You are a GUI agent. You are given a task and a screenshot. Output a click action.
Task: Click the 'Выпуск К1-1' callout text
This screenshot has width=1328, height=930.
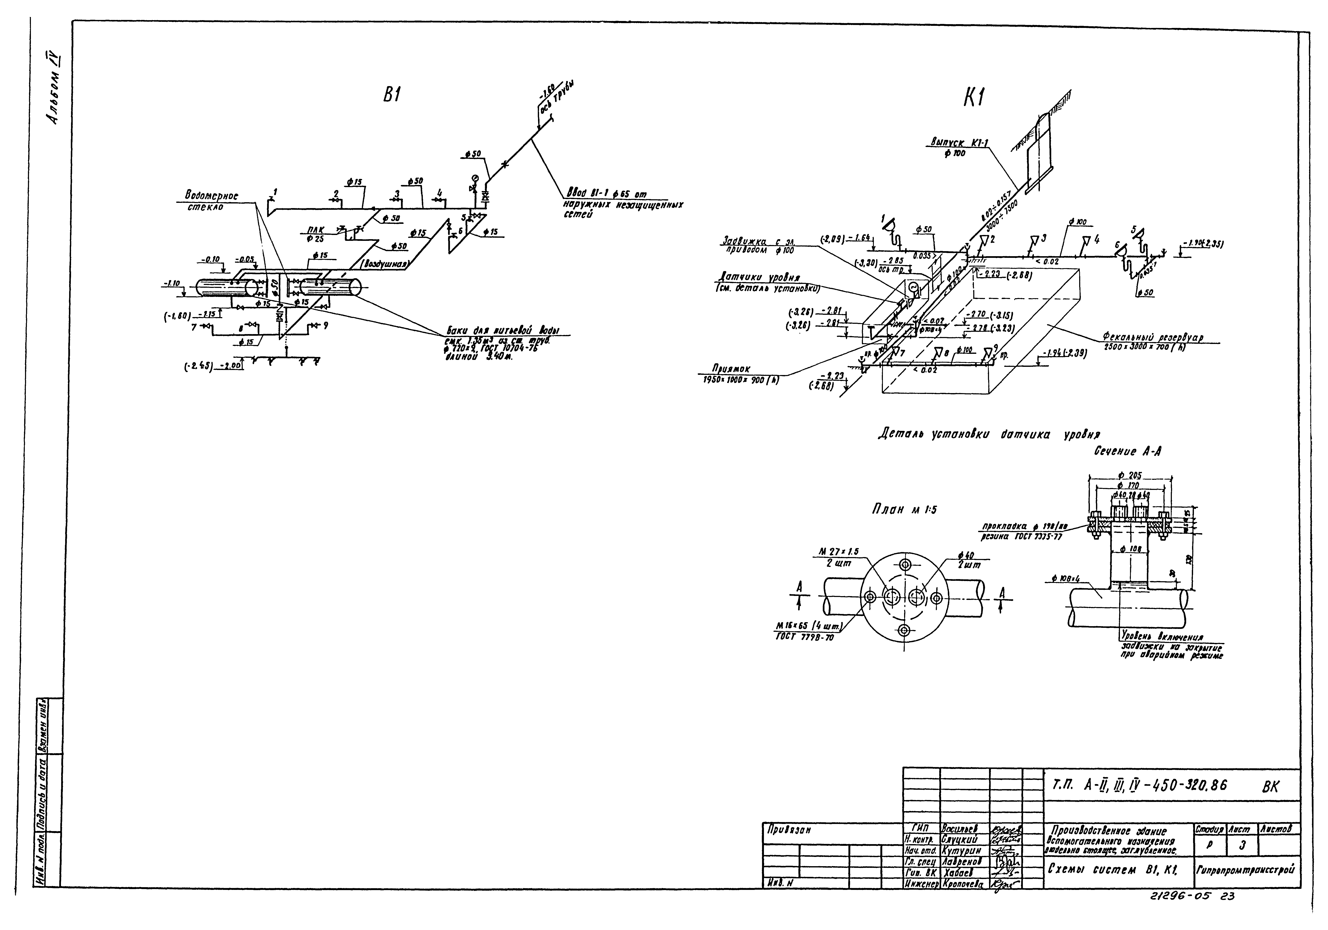click(954, 142)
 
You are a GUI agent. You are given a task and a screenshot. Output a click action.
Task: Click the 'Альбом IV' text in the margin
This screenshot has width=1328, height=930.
click(55, 92)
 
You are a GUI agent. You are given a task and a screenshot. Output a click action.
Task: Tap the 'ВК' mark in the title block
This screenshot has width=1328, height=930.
click(1271, 787)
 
